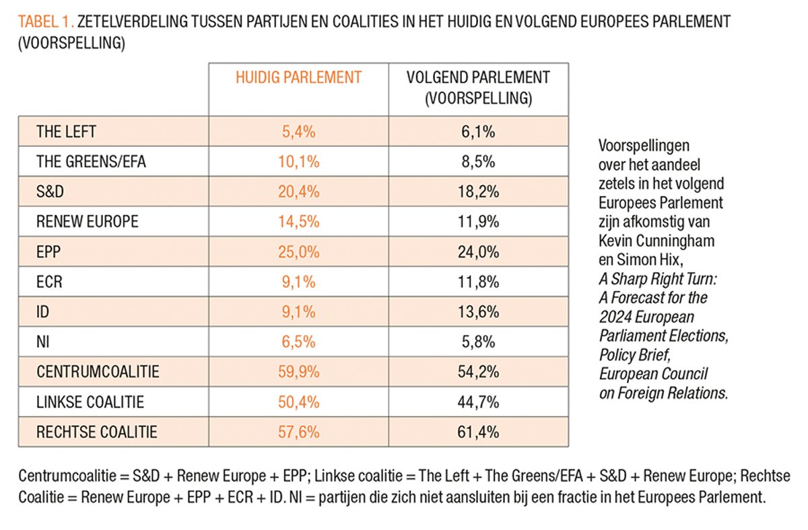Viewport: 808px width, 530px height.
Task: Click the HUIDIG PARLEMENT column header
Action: tap(298, 77)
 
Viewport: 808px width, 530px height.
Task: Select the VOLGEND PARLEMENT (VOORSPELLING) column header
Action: tap(478, 88)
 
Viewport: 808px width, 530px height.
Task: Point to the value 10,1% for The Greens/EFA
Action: tap(298, 162)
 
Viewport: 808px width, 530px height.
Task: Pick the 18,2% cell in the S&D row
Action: tap(478, 192)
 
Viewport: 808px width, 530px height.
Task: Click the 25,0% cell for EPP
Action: tap(298, 252)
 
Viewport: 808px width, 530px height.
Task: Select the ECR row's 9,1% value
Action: tap(298, 282)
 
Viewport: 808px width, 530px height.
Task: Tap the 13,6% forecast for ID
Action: tap(478, 312)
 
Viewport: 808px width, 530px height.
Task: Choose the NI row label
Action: tap(43, 342)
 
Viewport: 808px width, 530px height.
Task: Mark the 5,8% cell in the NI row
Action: tap(478, 342)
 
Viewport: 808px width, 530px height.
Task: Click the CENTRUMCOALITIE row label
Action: tap(98, 372)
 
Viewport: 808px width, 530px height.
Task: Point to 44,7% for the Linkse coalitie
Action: tap(478, 402)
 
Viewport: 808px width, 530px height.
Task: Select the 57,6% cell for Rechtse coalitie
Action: tap(298, 432)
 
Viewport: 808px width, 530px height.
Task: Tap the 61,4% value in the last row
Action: tap(478, 432)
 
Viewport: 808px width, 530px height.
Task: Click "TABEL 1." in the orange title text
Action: tap(46, 22)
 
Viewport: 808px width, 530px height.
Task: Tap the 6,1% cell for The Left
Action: tap(478, 132)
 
